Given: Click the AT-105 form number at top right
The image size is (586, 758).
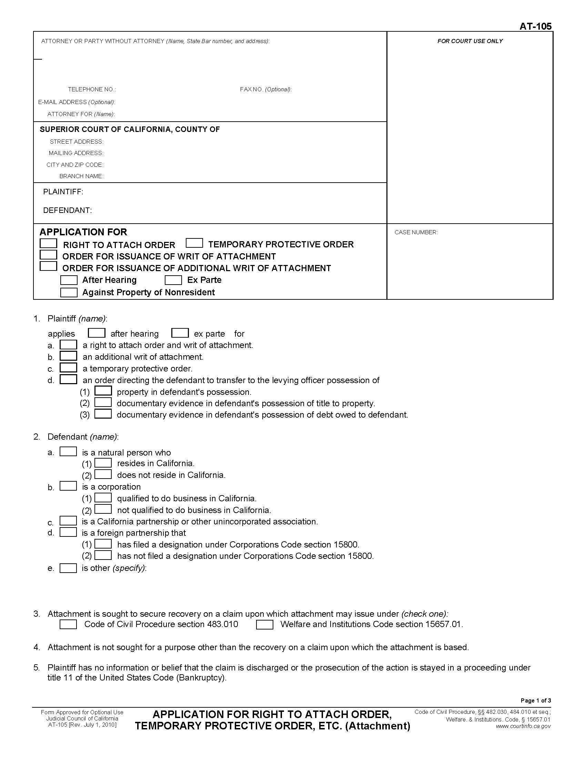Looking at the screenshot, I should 535,27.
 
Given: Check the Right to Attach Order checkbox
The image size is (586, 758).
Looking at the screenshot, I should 48,243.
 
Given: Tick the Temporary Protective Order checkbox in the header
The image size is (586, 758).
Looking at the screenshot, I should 194,243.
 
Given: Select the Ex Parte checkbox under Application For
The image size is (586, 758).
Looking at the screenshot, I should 173,280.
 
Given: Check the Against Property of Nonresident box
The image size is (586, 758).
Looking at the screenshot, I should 69,292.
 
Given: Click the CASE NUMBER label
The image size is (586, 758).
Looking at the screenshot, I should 416,232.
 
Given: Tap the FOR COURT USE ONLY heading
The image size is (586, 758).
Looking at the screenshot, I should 470,41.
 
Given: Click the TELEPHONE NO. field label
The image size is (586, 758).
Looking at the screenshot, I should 92,89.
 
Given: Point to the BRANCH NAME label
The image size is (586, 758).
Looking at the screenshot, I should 81,176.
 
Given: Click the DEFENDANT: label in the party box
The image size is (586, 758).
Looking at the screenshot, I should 67,210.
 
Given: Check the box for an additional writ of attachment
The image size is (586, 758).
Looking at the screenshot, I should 68,356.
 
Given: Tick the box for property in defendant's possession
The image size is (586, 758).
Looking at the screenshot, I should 103,391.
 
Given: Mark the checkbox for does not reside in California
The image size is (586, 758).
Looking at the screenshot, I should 103,474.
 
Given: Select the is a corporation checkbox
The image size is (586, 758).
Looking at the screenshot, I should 68,486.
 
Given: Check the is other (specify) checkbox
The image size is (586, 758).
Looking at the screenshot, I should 68,568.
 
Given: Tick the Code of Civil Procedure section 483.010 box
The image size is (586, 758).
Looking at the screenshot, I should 68,624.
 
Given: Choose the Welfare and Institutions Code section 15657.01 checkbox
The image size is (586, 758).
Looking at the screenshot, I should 264,625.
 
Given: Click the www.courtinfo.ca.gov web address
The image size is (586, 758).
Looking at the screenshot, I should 523,726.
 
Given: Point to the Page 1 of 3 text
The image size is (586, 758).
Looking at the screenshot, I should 536,700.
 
